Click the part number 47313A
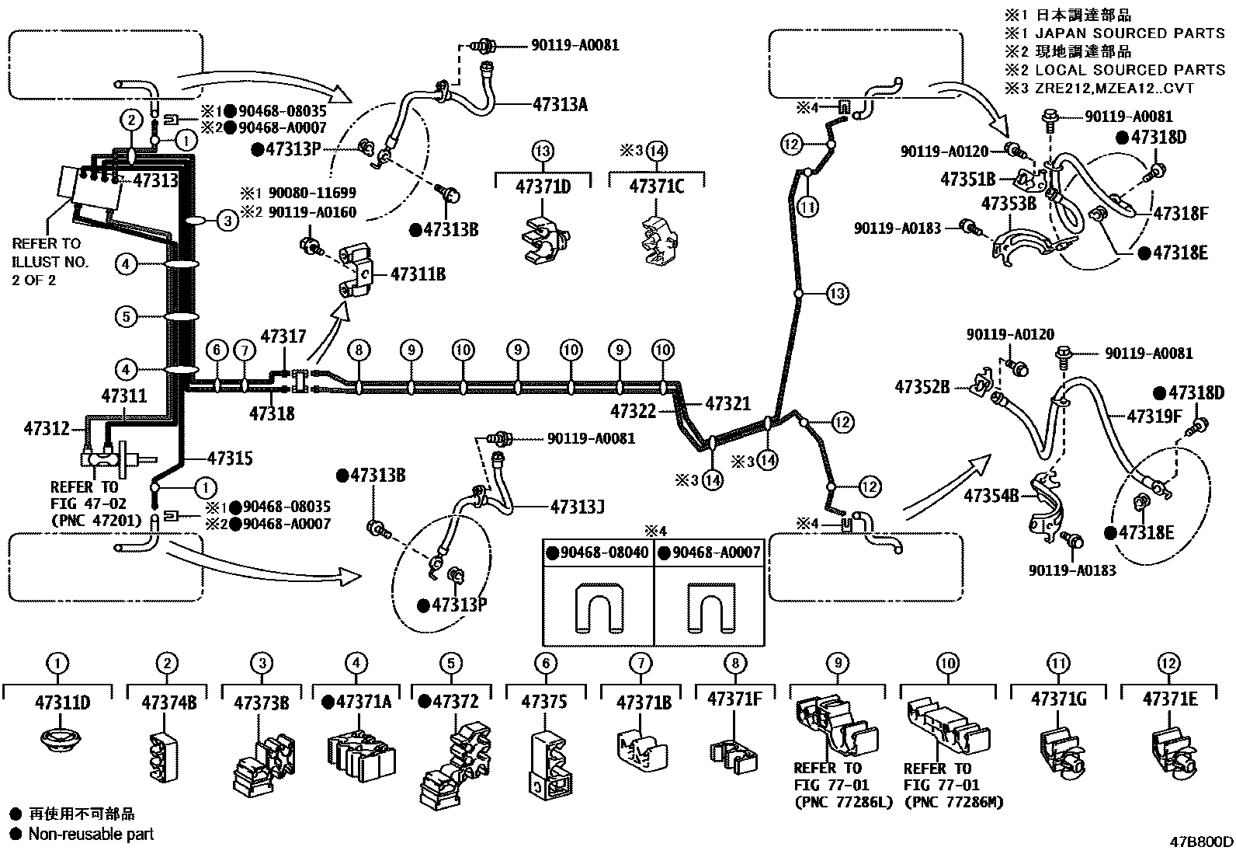560,104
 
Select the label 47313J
577,507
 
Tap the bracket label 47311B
418,274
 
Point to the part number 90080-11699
312,193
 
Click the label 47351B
968,179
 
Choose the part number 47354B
991,496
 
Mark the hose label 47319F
1154,416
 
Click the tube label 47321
727,404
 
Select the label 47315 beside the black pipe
230,458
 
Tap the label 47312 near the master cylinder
47,428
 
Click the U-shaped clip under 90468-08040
599,608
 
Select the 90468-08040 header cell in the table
598,552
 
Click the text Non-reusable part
91,834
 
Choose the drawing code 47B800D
1201,842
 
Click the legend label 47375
544,702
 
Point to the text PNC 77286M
954,802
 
